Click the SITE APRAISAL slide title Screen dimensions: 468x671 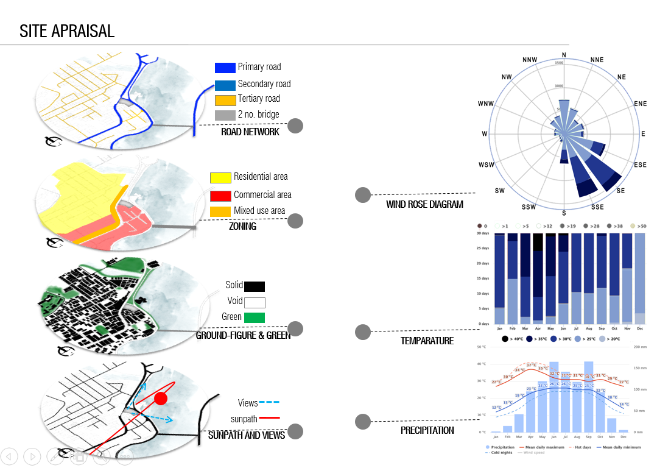pos(67,31)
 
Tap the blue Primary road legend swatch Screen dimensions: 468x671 pos(225,68)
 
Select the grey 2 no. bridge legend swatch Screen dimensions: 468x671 pos(225,115)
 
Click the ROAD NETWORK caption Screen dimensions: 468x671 pos(250,132)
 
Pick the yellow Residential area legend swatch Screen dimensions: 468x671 pos(220,177)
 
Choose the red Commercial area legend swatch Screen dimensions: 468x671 pos(220,196)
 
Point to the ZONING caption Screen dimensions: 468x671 pos(242,226)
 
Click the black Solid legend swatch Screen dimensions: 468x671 pos(254,286)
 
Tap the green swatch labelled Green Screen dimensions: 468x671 pos(255,317)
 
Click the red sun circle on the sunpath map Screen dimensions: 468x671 pos(160,399)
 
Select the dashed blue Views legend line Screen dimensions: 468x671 pos(269,403)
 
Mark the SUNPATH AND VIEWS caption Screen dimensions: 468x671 pos(247,435)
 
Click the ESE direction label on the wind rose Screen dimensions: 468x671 pos(640,165)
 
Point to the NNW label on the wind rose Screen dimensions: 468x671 pos(530,60)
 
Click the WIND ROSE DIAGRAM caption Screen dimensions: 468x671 pos(424,204)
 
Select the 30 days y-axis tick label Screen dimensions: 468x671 pos(483,233)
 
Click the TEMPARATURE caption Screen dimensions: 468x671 pos(427,341)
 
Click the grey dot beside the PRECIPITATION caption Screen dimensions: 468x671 pos(363,421)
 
